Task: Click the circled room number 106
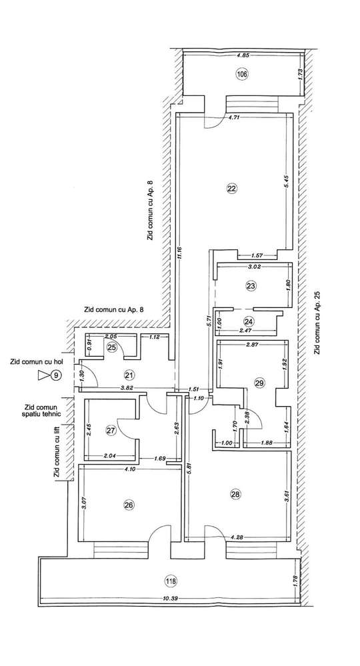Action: click(x=241, y=74)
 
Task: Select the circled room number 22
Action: click(x=231, y=189)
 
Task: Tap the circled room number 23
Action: click(x=251, y=286)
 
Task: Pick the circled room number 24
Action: click(x=249, y=319)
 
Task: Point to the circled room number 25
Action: click(x=112, y=347)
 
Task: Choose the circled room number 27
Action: click(x=111, y=431)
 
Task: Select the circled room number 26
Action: click(x=128, y=505)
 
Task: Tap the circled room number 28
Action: click(x=234, y=494)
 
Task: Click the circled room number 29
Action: click(x=259, y=382)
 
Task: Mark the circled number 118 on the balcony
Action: click(x=173, y=581)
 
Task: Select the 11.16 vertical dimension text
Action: click(x=180, y=257)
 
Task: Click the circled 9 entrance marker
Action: click(x=57, y=376)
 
